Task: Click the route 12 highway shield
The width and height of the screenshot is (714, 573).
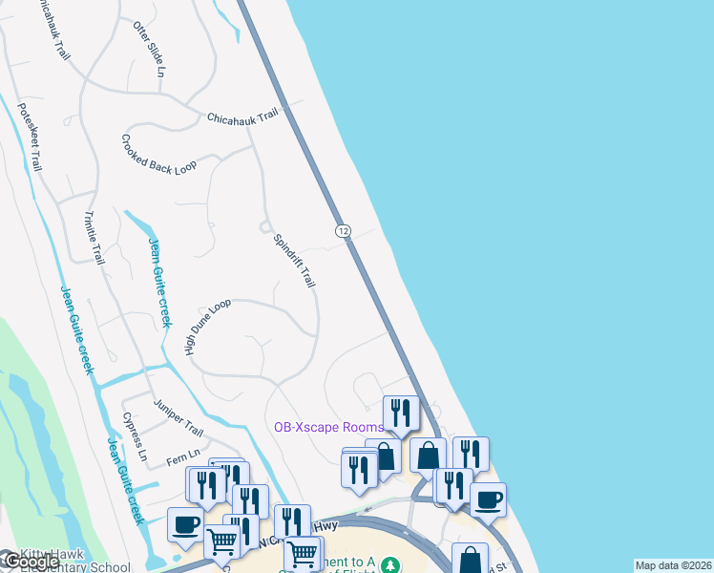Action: pyautogui.click(x=344, y=231)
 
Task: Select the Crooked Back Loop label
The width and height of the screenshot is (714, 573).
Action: pyautogui.click(x=158, y=154)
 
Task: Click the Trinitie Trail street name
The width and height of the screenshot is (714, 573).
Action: pyautogui.click(x=94, y=238)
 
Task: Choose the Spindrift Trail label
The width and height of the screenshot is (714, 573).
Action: pyautogui.click(x=294, y=261)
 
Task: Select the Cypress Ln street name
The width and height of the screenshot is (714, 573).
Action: pyautogui.click(x=135, y=437)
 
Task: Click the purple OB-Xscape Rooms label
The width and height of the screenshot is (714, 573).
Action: pyautogui.click(x=328, y=428)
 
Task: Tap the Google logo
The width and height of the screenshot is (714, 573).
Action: pyautogui.click(x=29, y=562)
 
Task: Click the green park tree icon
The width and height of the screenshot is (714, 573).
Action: pyautogui.click(x=389, y=563)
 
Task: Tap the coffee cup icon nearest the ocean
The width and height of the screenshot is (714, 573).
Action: pyautogui.click(x=489, y=499)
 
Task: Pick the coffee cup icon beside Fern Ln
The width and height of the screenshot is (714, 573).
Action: pyautogui.click(x=185, y=523)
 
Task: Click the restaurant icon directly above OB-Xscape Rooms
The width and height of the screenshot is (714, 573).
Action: pyautogui.click(x=401, y=412)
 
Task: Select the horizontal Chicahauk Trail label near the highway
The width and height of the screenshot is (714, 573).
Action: pyautogui.click(x=242, y=116)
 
